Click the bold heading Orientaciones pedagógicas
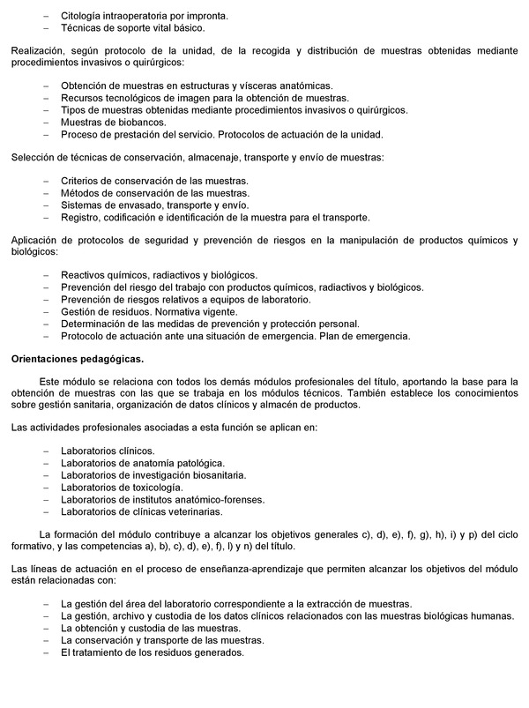pyautogui.click(x=76, y=359)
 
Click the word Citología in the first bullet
pyautogui.click(x=81, y=16)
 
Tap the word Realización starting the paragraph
pyautogui.click(x=36, y=51)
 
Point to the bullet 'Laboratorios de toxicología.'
pyautogui.click(x=122, y=487)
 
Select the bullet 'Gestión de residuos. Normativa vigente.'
pyautogui.click(x=148, y=311)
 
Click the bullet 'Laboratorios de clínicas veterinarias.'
pyautogui.click(x=142, y=511)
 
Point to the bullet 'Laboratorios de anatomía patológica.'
pyautogui.click(x=142, y=463)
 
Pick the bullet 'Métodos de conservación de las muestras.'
pyautogui.click(x=154, y=193)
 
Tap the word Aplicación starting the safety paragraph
pyautogui.click(x=36, y=241)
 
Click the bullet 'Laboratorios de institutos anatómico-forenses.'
pyautogui.click(x=162, y=499)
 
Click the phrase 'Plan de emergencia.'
pyautogui.click(x=369, y=336)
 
